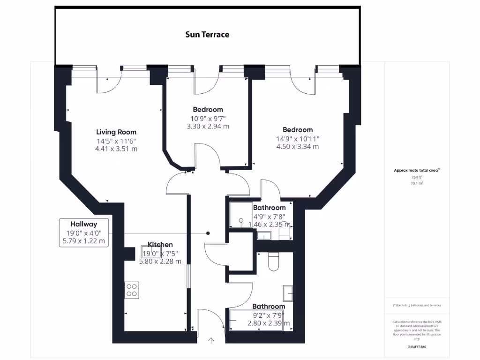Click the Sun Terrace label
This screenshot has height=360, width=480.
point(207,35)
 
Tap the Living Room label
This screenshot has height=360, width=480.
point(116,132)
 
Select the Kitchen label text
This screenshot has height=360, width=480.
point(160,245)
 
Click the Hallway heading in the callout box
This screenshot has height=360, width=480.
point(84,224)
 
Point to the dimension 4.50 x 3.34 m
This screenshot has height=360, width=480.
point(298,147)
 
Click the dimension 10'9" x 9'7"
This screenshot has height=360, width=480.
point(208,119)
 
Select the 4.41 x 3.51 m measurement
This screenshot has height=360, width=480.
point(116,149)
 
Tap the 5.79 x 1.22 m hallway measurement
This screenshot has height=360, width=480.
point(84,241)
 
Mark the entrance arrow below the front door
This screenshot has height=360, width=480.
point(211,341)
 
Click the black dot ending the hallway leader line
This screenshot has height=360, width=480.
point(208,233)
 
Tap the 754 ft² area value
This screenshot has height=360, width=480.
point(417,178)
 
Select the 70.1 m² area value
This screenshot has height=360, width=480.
point(417,184)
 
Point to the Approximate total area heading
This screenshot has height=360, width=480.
point(417,171)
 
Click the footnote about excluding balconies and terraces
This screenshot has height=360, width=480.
point(417,305)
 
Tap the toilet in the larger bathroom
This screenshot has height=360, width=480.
point(274,262)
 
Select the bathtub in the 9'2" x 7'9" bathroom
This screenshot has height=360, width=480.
point(255,321)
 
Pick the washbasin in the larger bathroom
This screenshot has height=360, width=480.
point(287,293)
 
